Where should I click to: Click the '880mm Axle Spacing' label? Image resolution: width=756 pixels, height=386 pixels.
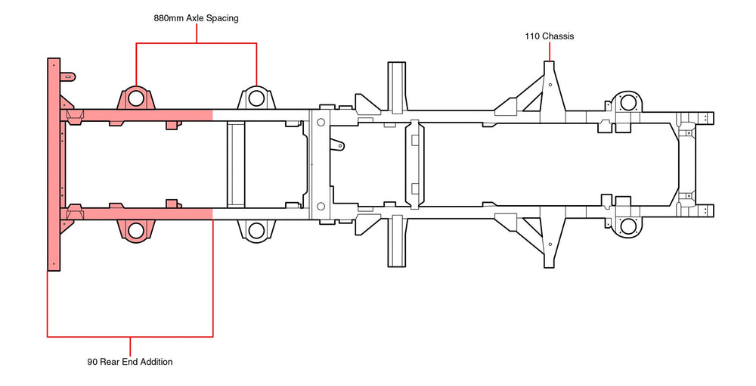(x=196, y=18)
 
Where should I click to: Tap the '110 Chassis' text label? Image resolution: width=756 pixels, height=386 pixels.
(x=550, y=36)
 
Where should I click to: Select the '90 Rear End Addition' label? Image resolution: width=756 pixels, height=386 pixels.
(x=130, y=362)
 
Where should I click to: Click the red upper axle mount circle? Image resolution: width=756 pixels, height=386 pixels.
(x=136, y=98)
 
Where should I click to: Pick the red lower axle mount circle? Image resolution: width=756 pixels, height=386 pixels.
(x=136, y=230)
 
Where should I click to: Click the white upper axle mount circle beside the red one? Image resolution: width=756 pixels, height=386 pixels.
(x=256, y=98)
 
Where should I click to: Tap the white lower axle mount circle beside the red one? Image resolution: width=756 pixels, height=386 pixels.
(x=256, y=229)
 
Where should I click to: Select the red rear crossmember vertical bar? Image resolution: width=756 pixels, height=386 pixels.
(x=54, y=163)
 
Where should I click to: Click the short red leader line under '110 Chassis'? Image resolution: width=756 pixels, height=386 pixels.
(x=550, y=52)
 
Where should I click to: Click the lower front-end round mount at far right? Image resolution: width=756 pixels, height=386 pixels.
(x=627, y=225)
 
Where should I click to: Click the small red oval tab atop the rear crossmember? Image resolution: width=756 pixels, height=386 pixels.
(x=68, y=76)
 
